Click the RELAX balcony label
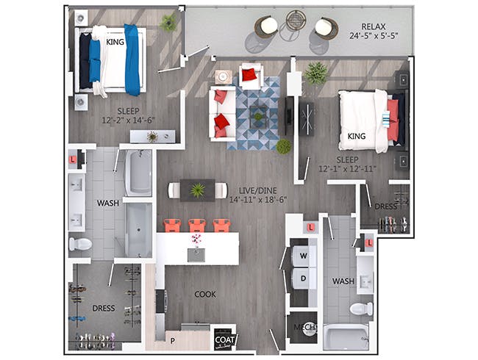[x=374, y=26]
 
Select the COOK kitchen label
[x=205, y=294]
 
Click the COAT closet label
[x=225, y=339]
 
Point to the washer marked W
[x=303, y=256]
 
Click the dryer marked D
[x=303, y=278]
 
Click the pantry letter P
[x=173, y=341]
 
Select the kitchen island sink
[x=196, y=255]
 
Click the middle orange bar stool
[x=197, y=226]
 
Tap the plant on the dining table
[x=198, y=190]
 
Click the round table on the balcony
[x=296, y=20]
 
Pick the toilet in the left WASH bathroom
[x=80, y=244]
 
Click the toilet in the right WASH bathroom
[x=361, y=309]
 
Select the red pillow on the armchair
[x=249, y=74]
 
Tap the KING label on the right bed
[x=357, y=136]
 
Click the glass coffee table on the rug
[x=259, y=117]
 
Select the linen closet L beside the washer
[x=310, y=227]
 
